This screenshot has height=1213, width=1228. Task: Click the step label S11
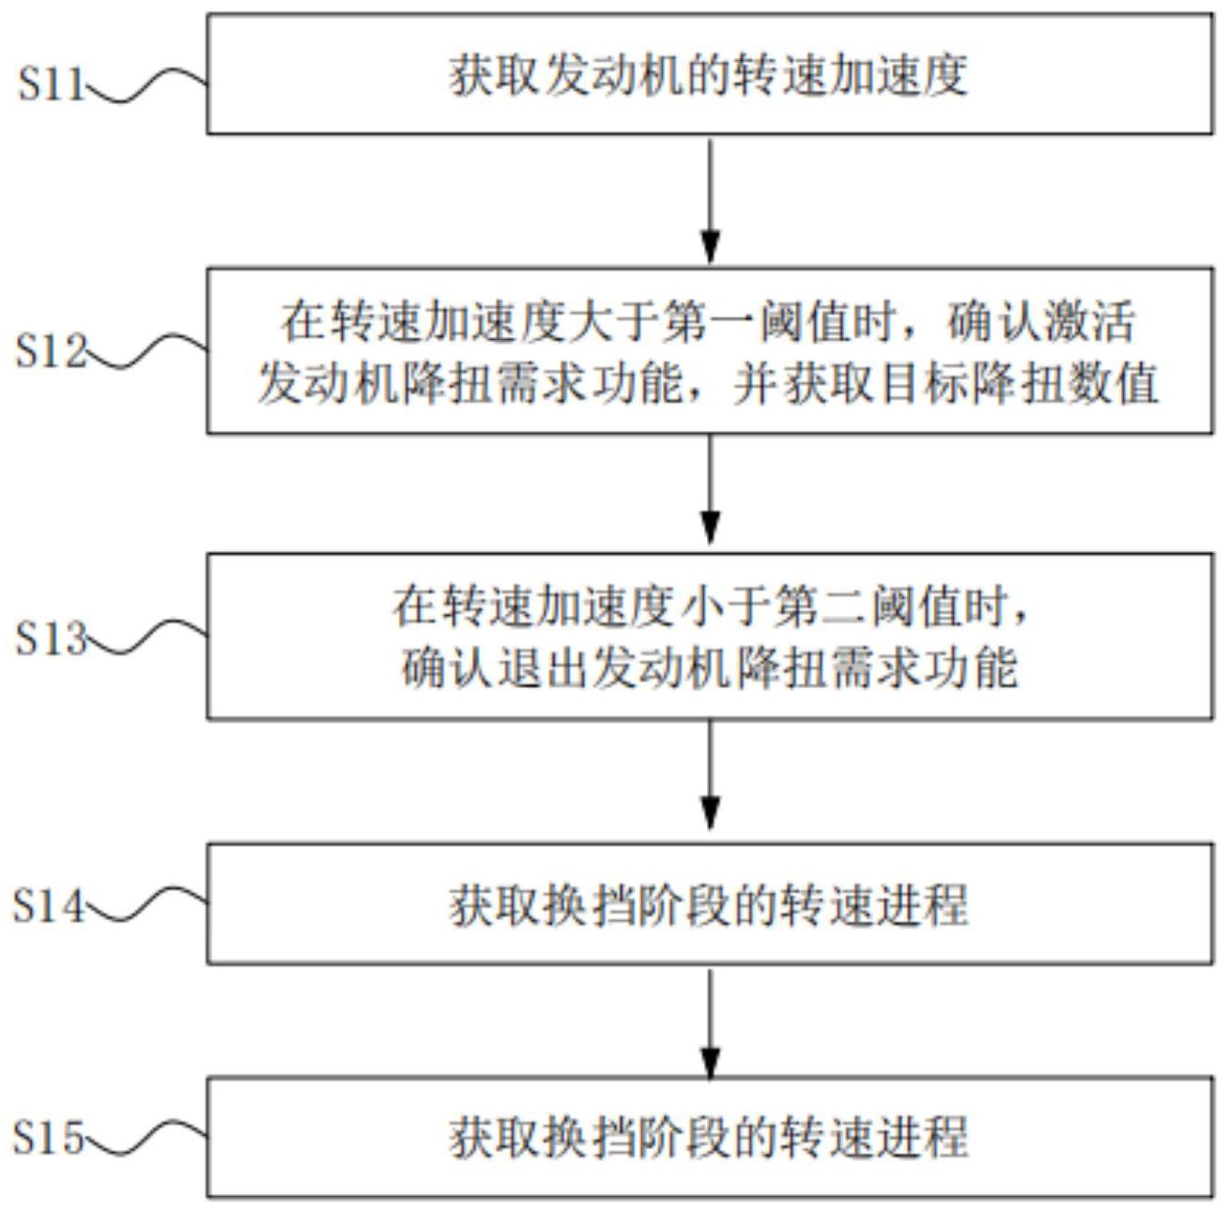tap(50, 84)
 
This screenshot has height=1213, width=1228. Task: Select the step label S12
tap(50, 352)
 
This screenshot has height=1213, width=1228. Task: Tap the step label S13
tap(50, 639)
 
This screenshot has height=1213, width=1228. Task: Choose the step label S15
tap(47, 1139)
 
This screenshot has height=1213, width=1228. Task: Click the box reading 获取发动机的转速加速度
tap(709, 74)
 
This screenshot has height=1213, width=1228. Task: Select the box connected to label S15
tap(709, 1138)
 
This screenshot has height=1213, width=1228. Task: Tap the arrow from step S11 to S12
tap(711, 201)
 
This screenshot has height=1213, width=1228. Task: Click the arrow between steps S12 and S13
tap(711, 490)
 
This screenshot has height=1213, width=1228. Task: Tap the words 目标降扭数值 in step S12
tap(1018, 383)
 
